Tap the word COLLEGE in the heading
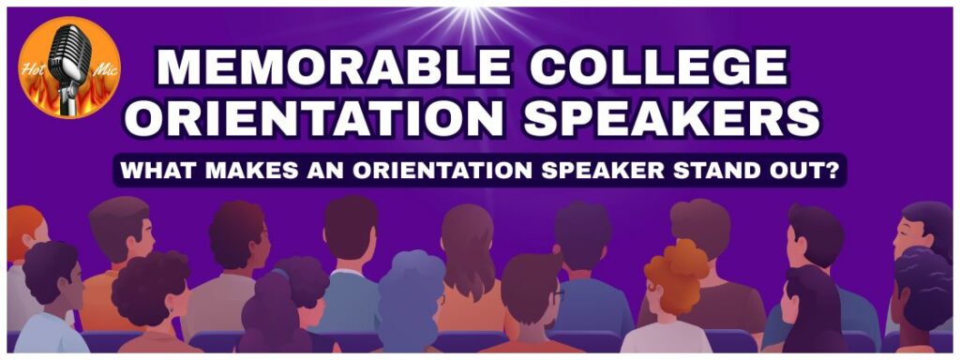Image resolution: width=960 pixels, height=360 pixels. point(659,67)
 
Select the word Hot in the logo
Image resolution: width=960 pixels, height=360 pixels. point(32,67)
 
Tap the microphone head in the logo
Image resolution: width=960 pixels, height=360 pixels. point(69,55)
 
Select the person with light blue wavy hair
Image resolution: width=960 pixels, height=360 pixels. point(409,301)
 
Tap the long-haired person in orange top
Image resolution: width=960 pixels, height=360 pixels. point(469,269)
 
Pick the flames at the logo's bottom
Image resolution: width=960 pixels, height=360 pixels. point(69,101)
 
